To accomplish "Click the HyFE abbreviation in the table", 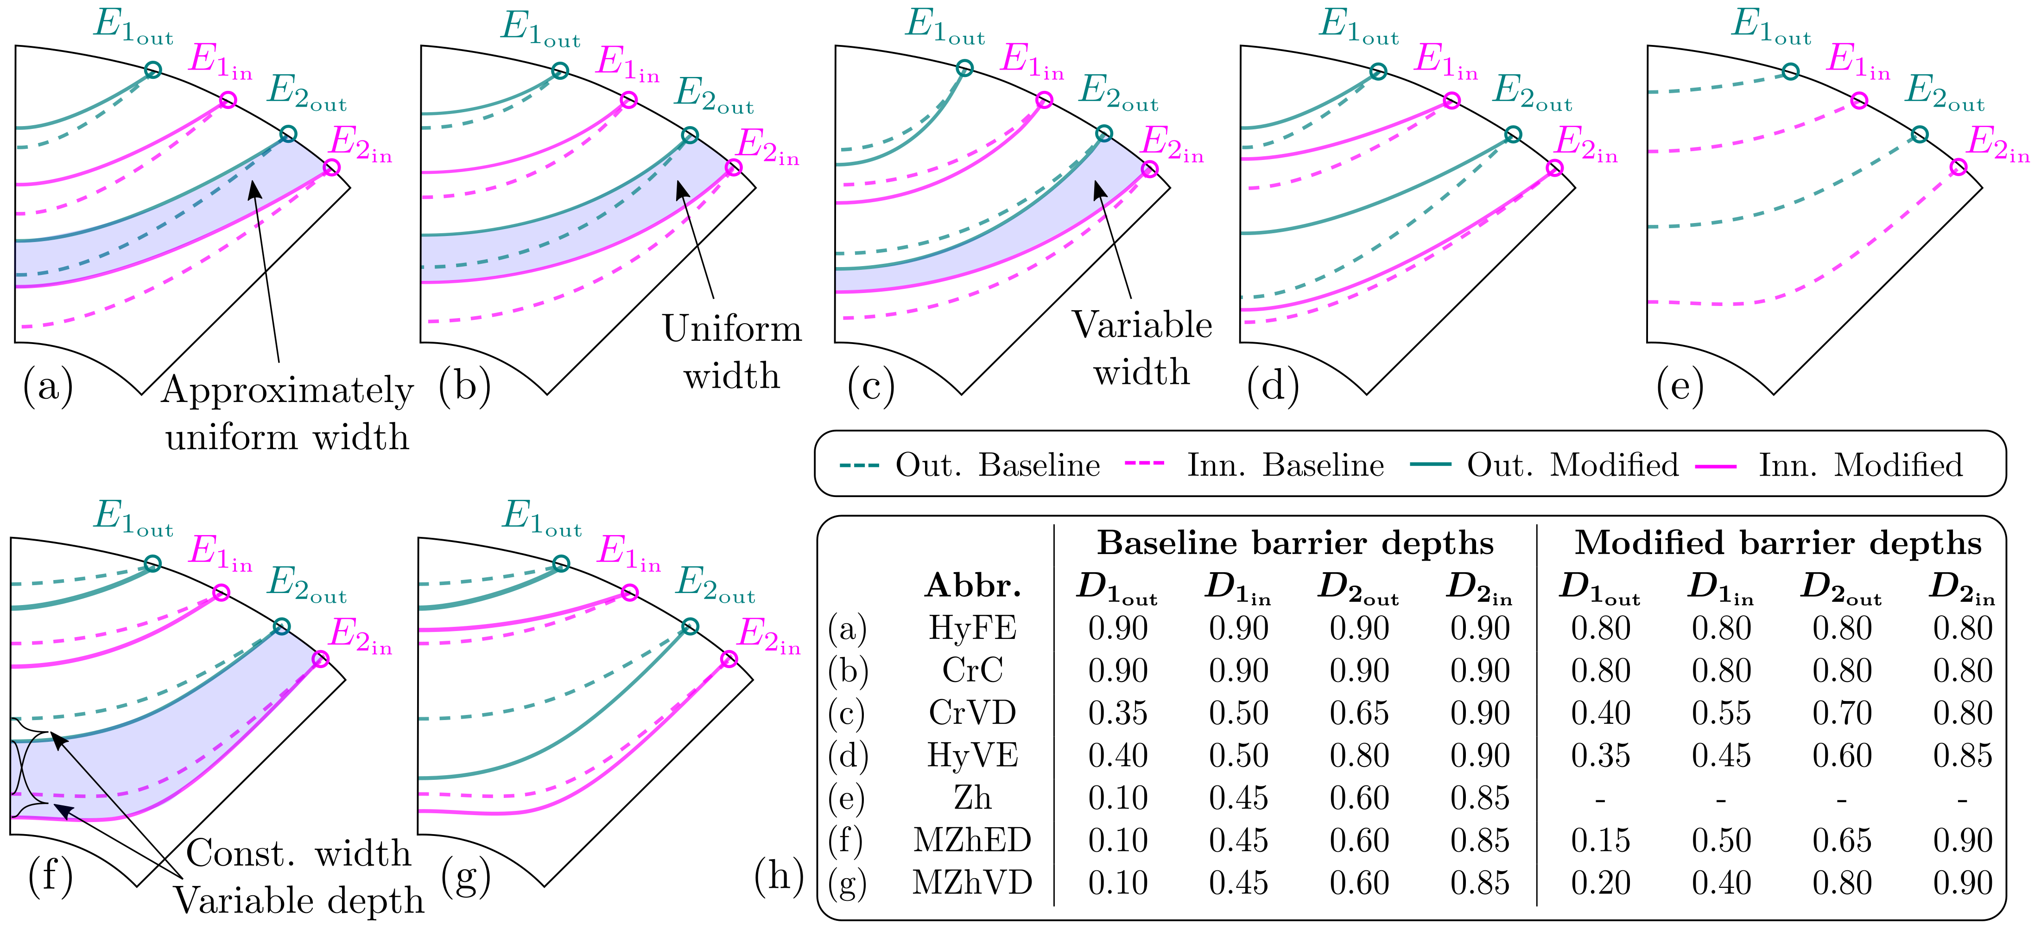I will [972, 628].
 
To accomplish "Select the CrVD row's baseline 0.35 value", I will [1117, 713].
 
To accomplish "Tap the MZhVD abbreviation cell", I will [972, 883].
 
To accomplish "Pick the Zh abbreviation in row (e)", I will [972, 798].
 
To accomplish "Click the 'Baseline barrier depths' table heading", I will [1295, 543].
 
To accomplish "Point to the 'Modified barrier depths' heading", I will [1777, 543].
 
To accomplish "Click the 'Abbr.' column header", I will [972, 586].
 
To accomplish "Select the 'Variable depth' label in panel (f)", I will [299, 900].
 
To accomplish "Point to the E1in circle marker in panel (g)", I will [630, 593].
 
